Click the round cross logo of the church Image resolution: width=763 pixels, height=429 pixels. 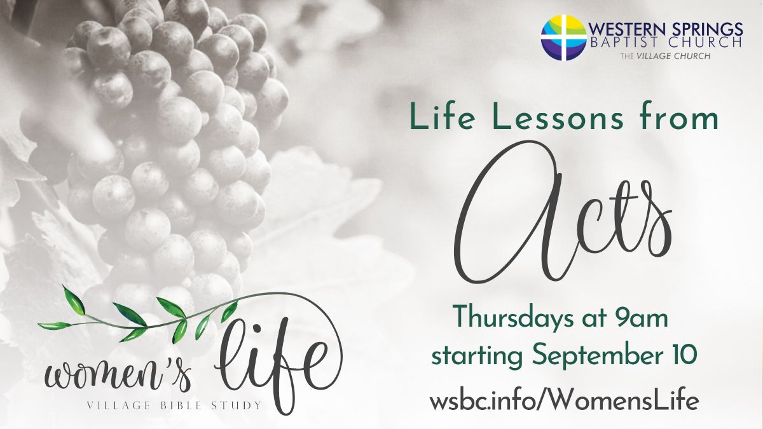pyautogui.click(x=564, y=37)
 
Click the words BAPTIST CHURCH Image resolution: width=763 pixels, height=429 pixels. pyautogui.click(x=666, y=43)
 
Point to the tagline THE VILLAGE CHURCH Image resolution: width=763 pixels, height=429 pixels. pyautogui.click(x=665, y=56)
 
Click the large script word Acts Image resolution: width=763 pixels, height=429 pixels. pyautogui.click(x=562, y=211)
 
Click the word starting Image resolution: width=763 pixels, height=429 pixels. pyautogui.click(x=477, y=356)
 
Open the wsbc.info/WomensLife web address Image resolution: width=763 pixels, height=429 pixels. pyautogui.click(x=564, y=402)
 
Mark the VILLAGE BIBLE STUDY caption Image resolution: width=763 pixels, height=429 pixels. pyautogui.click(x=174, y=405)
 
